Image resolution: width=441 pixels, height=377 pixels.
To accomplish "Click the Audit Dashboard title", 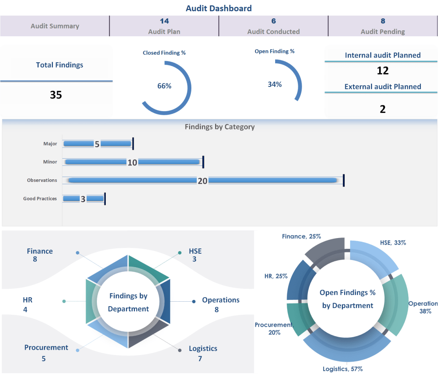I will pos(219,8).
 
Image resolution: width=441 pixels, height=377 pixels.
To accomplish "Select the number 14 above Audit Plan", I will pos(164,21).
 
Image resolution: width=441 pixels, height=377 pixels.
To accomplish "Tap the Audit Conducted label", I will pos(273,32).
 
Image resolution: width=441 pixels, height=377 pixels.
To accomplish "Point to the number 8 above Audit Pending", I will pos(383,21).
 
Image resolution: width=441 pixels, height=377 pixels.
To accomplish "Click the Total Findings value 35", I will pos(56,95).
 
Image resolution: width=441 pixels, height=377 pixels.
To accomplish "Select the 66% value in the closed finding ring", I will pos(164,86).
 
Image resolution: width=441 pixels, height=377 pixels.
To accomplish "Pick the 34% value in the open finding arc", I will pos(275,84).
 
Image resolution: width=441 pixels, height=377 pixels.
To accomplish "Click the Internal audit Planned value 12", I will pos(383,71).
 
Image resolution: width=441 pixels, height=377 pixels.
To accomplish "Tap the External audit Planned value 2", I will pos(383,109).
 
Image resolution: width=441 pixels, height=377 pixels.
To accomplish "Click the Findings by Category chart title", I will pos(220,127).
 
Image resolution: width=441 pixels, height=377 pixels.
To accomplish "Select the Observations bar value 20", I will pos(203,180).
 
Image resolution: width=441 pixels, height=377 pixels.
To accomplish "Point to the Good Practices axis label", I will pos(40,199).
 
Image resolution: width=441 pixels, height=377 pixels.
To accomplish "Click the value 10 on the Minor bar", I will pos(132,162).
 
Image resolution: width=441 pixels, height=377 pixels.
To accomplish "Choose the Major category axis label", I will pos(50,144).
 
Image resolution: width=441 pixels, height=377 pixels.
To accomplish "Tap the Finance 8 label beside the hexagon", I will pos(39,255).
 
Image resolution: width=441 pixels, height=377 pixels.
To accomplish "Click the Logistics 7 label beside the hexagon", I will pos(203,353).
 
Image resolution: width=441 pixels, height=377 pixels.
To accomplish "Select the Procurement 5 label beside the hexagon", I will pos(46,353).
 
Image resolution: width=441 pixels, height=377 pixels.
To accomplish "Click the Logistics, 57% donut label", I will pos(342,369).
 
